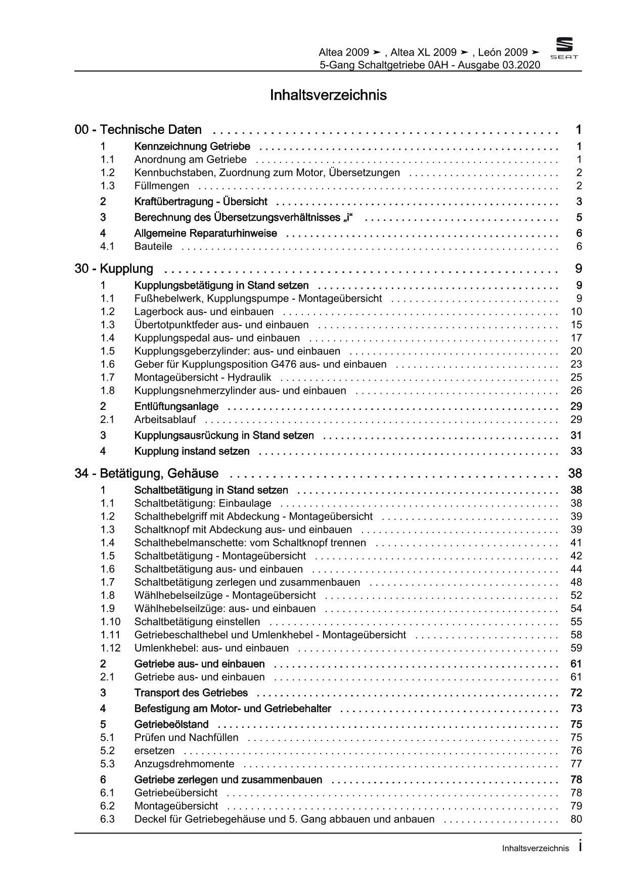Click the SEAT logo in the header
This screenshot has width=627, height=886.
564,49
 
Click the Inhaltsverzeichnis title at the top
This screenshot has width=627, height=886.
328,95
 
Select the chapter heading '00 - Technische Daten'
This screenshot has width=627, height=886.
138,130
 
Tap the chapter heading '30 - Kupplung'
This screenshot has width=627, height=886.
114,269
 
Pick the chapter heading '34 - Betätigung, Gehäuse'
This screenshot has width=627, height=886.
147,474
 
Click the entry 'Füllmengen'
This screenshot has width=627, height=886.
162,186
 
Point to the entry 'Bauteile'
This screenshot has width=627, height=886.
153,247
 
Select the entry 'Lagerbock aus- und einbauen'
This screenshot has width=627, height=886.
204,312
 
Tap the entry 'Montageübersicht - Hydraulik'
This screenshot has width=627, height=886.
202,378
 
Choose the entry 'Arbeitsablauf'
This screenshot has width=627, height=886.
165,419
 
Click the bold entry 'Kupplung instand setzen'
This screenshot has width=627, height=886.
192,451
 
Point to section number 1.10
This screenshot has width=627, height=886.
110,622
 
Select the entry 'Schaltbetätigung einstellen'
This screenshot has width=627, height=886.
197,622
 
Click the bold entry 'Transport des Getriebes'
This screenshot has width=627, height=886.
191,693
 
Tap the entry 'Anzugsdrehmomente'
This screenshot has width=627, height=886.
184,764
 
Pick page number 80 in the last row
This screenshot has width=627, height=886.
576,819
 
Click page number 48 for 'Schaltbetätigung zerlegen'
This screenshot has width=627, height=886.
576,583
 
